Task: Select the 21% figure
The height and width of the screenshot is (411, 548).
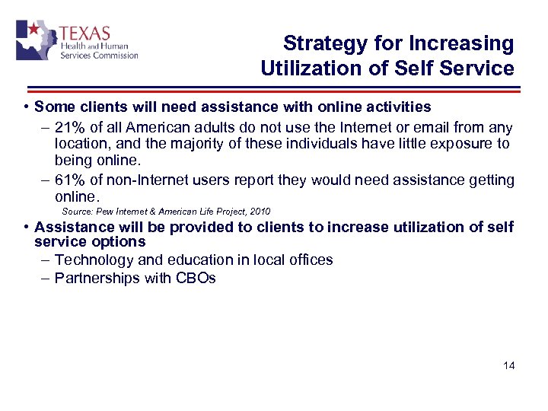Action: coord(69,128)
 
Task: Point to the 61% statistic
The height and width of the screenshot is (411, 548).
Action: coord(69,180)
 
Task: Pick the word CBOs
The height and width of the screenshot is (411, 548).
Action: coord(196,278)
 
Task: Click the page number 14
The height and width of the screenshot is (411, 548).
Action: coord(509,366)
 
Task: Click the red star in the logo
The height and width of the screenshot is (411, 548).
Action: coord(33,30)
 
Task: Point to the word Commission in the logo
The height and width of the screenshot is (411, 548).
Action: coord(114,55)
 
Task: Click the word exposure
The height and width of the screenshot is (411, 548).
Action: coord(454,145)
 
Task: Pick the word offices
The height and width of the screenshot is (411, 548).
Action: coord(307,260)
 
